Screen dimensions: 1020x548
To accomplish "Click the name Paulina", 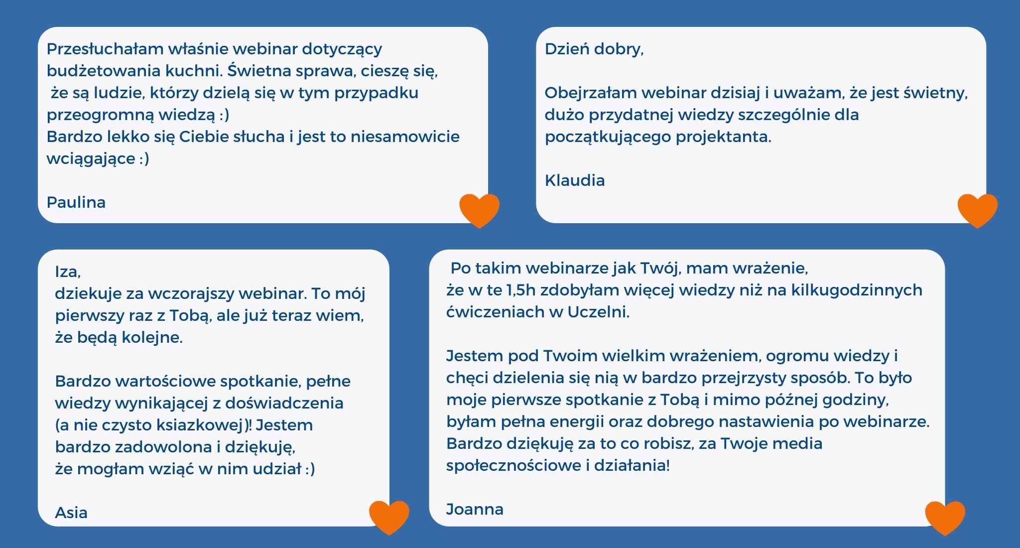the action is click(x=76, y=202).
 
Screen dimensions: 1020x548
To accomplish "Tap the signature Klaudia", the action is click(x=575, y=180).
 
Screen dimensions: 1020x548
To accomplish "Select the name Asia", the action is click(x=71, y=513).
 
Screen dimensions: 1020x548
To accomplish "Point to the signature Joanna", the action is click(x=475, y=509).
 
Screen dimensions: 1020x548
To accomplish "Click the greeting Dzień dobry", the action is click(x=593, y=49).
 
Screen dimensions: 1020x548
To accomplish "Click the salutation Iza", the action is click(x=67, y=272).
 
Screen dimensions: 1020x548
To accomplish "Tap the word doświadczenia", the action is click(x=284, y=403).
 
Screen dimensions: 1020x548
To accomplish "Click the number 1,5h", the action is click(x=521, y=290).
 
